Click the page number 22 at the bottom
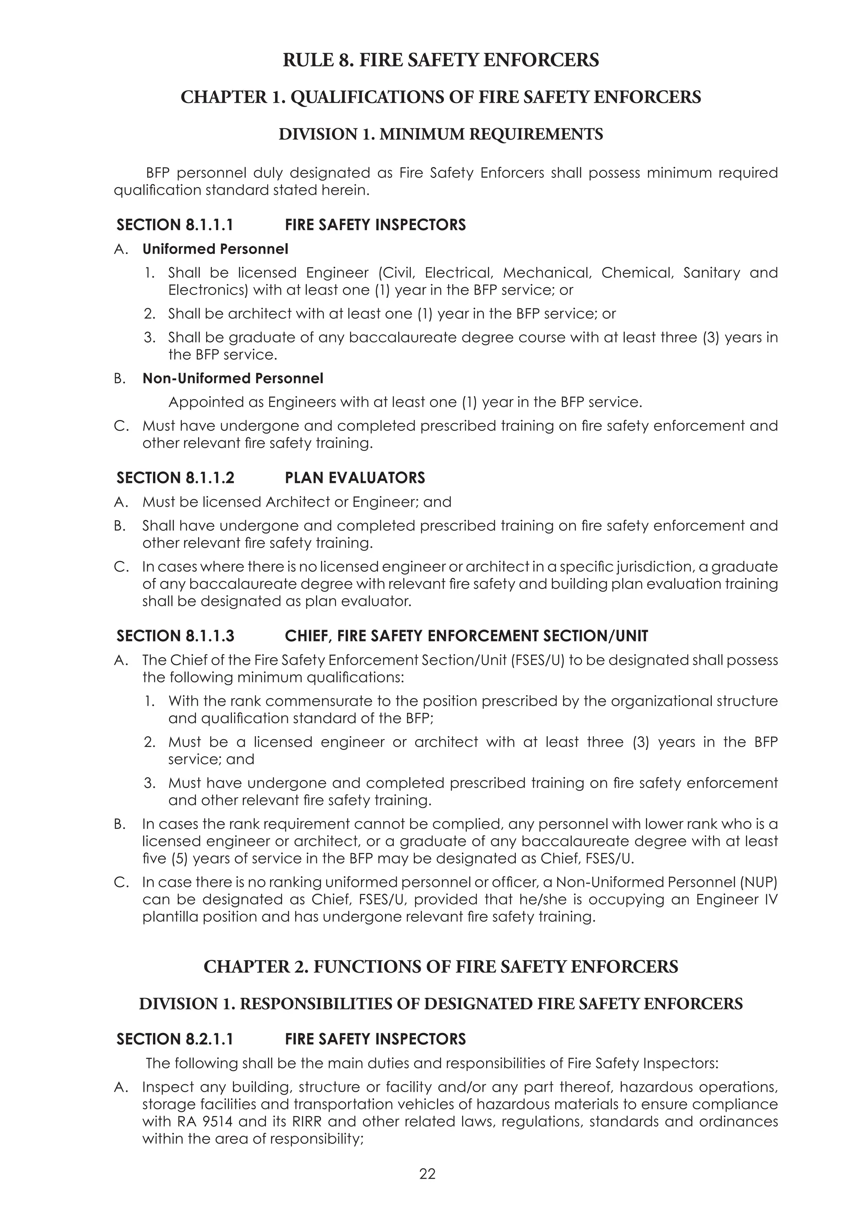click(x=428, y=1174)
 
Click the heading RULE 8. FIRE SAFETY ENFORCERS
click(x=441, y=60)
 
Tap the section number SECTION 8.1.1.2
click(x=175, y=478)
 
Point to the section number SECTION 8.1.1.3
click(x=175, y=636)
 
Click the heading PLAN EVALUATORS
click(x=355, y=478)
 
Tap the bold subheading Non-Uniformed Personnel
click(x=232, y=379)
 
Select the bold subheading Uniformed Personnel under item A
click(x=215, y=249)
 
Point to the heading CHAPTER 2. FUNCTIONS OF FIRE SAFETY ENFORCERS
click(x=441, y=966)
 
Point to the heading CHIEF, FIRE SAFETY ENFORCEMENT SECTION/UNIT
click(x=466, y=636)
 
